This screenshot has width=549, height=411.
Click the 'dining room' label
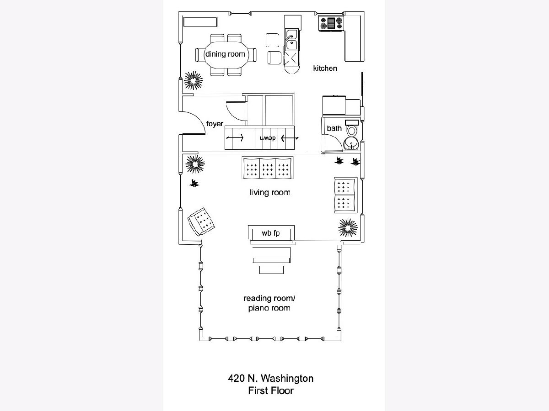click(x=225, y=54)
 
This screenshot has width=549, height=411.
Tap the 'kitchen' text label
click(x=325, y=68)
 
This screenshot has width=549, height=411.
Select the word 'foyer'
click(x=215, y=124)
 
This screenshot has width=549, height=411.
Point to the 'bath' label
click(x=334, y=128)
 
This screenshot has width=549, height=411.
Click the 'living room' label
click(x=270, y=192)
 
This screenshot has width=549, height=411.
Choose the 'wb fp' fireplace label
click(x=271, y=233)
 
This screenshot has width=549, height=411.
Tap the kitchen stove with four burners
click(x=331, y=23)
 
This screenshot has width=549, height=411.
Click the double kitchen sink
click(x=291, y=39)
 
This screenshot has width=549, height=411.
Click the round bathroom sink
click(x=351, y=143)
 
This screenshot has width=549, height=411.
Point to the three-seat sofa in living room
click(x=267, y=168)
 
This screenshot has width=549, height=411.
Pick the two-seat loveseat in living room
click(x=346, y=195)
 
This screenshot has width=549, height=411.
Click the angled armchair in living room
click(x=201, y=222)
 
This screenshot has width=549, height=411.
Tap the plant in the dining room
click(x=194, y=81)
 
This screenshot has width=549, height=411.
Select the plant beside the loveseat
click(x=348, y=227)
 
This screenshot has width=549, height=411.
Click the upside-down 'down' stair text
click(x=268, y=138)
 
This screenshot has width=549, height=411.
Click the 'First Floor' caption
click(x=271, y=391)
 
